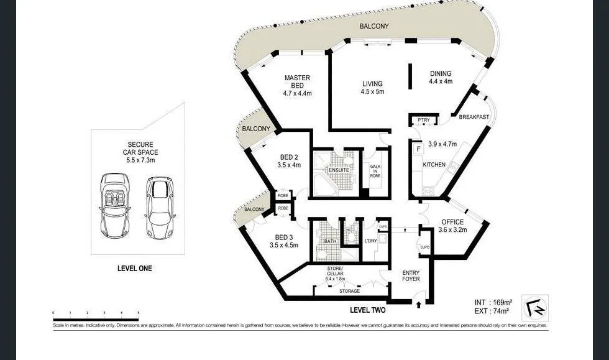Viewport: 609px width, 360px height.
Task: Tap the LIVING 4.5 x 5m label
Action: (x=372, y=88)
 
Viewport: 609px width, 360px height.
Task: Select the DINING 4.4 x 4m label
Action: (x=441, y=77)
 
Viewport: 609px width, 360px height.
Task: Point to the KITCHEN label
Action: (x=434, y=164)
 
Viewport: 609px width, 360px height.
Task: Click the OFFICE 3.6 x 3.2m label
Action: (x=452, y=226)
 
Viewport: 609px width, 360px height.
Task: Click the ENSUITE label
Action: (x=339, y=170)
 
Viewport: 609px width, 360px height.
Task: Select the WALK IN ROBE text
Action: (x=375, y=171)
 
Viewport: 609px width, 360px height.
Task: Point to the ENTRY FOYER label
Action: (x=411, y=275)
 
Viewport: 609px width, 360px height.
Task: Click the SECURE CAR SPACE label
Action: (x=139, y=152)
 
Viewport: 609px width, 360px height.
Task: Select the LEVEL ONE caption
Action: (x=134, y=269)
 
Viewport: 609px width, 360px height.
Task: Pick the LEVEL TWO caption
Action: (x=368, y=310)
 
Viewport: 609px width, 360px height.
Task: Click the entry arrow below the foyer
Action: (x=418, y=304)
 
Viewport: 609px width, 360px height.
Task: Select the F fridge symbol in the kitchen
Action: (x=418, y=149)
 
